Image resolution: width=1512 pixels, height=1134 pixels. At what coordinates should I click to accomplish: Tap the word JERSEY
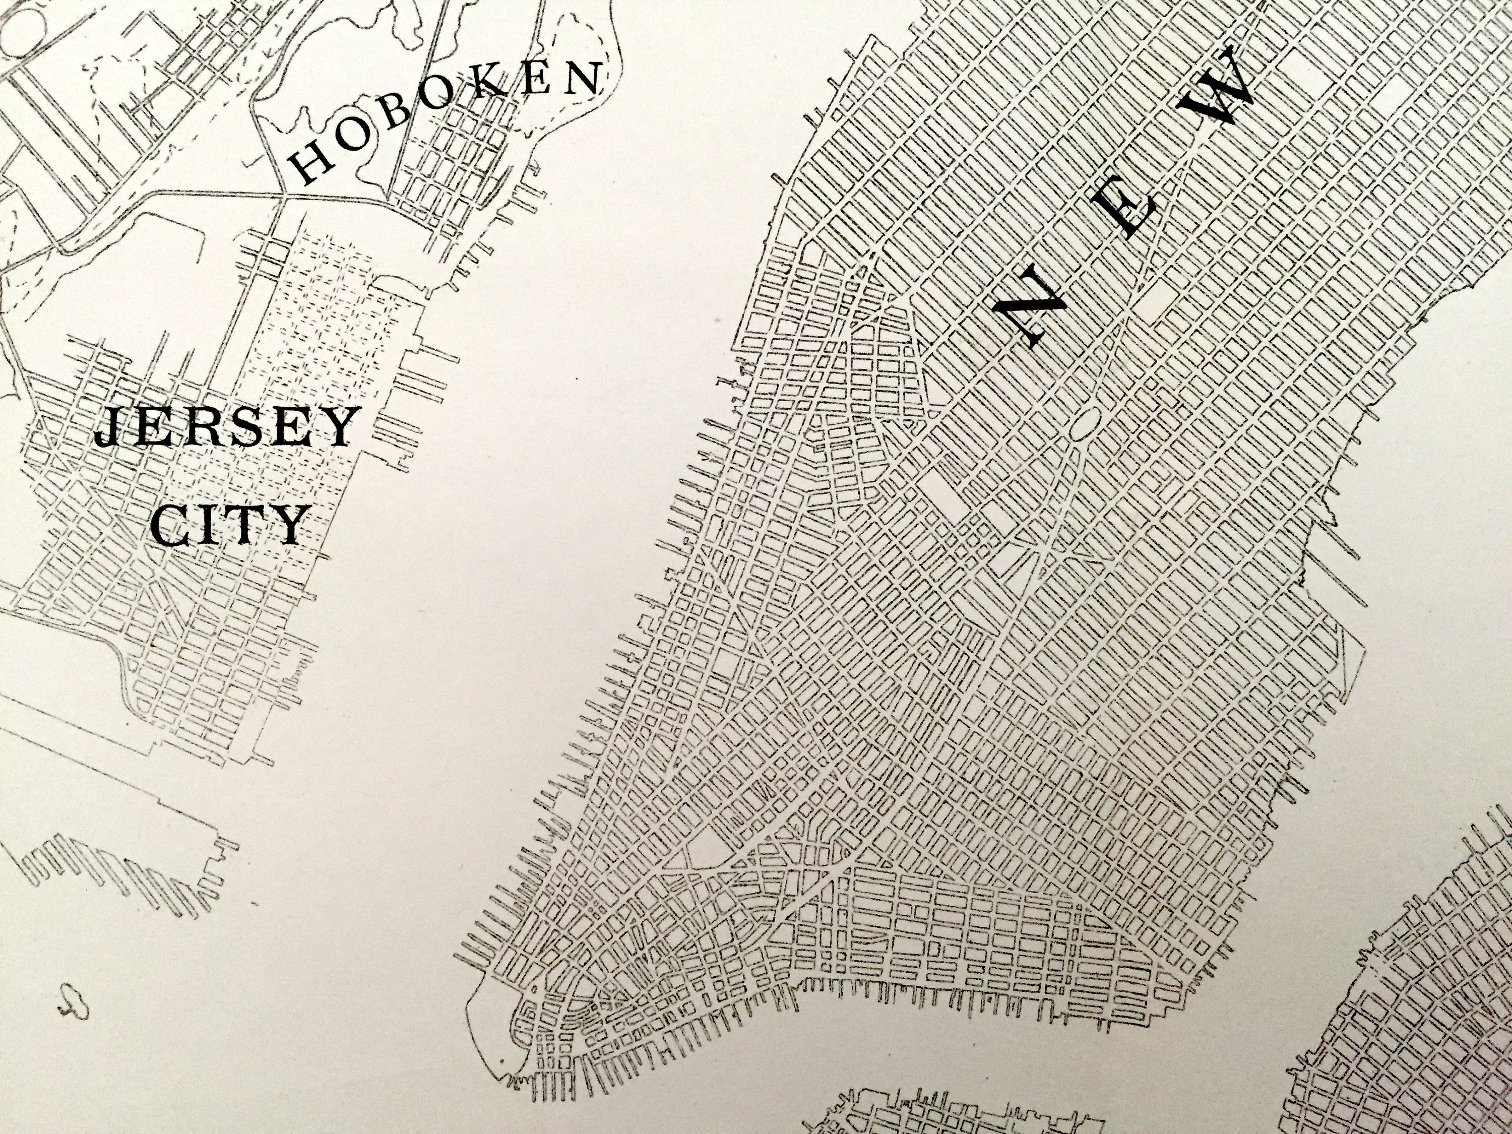[226, 428]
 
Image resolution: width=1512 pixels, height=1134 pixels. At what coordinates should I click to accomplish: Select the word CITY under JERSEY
[229, 526]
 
